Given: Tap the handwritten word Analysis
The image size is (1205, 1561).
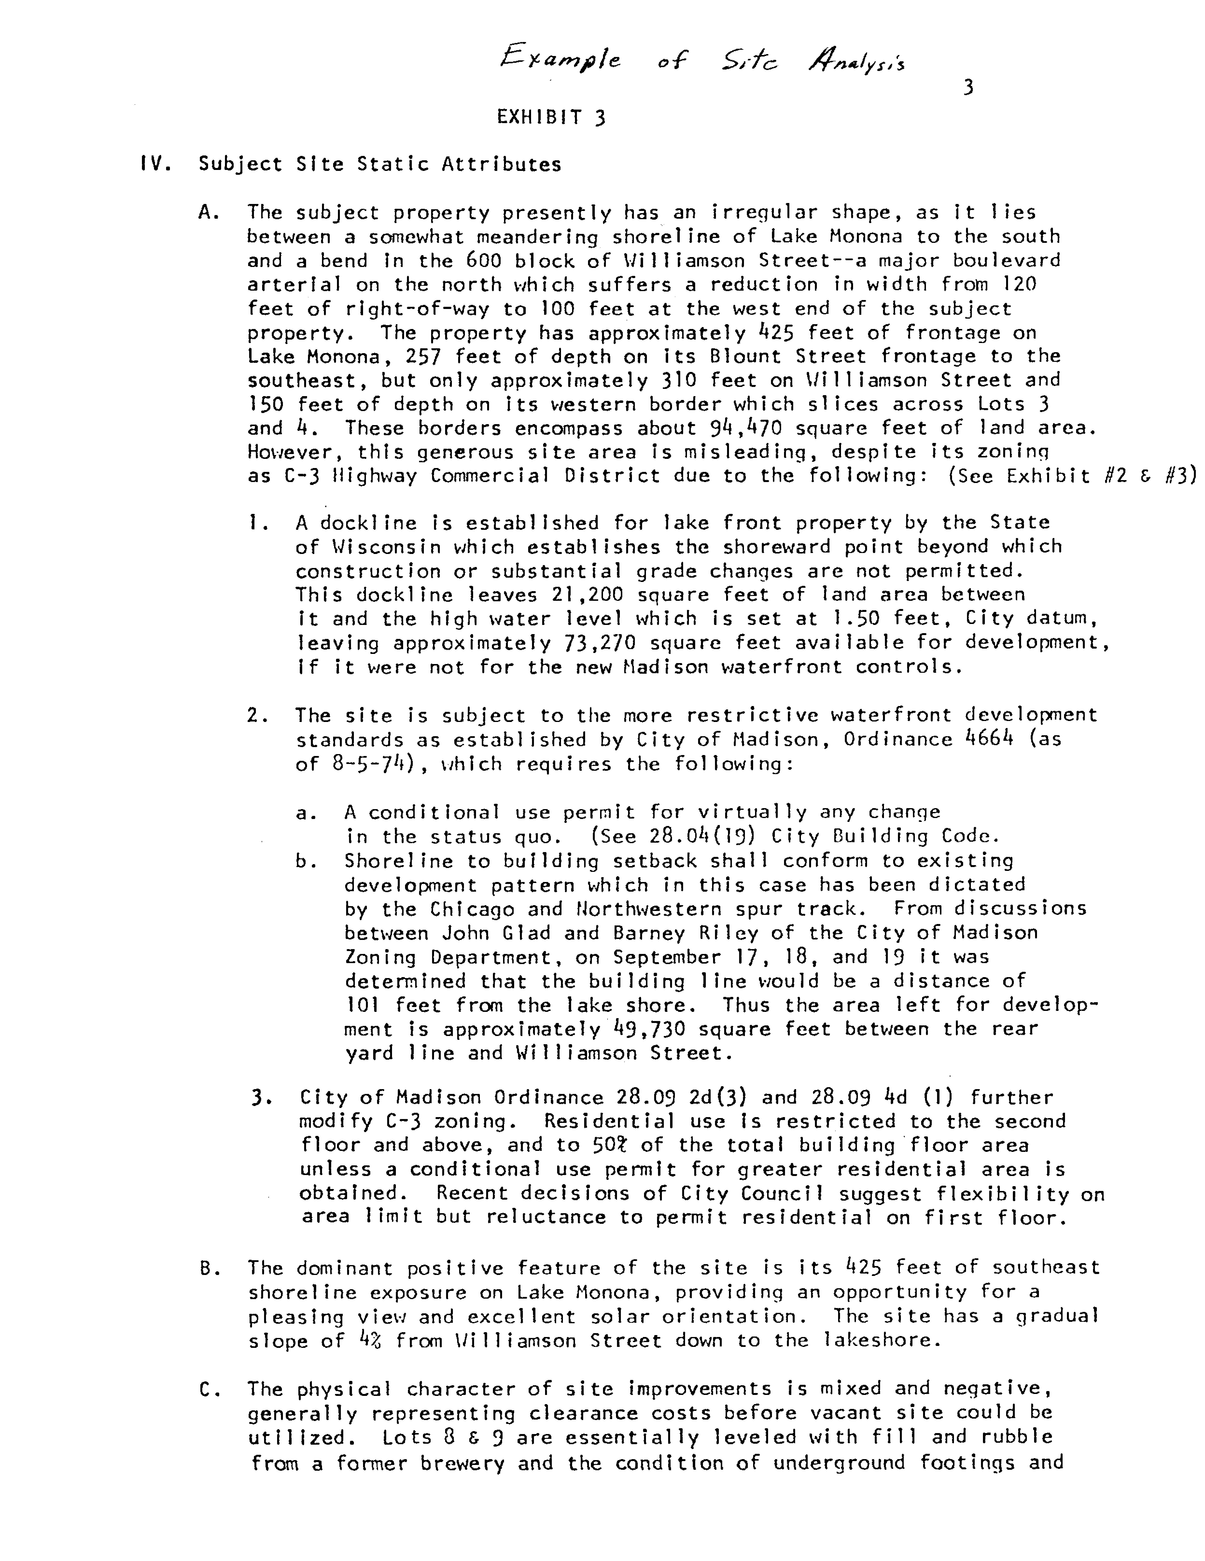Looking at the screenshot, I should [856, 62].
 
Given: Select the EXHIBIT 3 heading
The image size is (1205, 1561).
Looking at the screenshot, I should [551, 117].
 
